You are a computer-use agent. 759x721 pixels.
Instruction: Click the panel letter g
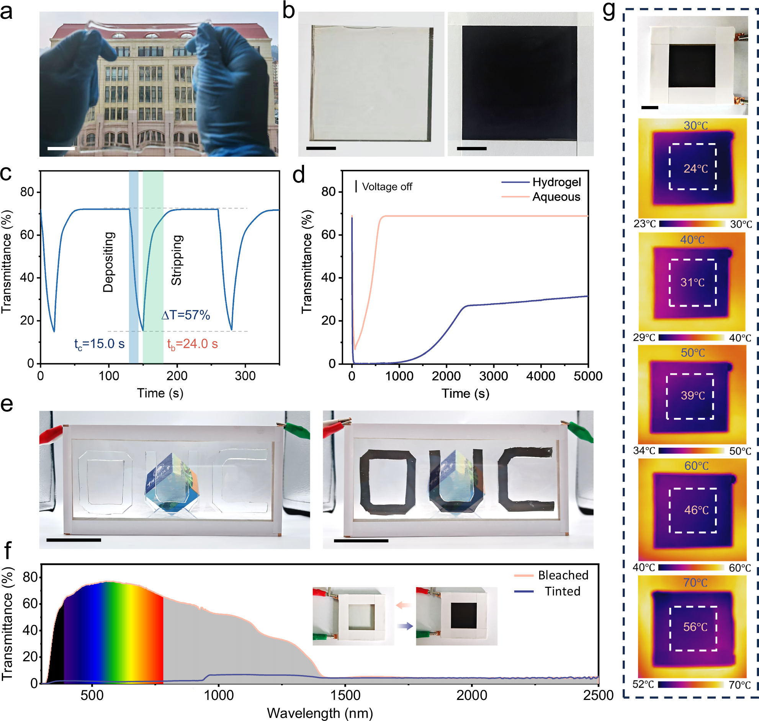[609, 11]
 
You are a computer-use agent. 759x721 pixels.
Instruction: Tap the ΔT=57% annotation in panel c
[186, 315]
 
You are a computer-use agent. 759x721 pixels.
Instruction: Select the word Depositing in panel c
[108, 262]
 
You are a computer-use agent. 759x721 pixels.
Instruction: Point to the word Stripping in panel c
[177, 260]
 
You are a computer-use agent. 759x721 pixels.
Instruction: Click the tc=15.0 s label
[99, 344]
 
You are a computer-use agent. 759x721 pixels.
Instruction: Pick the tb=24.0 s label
[192, 344]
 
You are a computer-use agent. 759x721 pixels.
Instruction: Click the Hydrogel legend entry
[556, 182]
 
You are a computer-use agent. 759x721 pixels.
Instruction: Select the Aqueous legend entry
[556, 197]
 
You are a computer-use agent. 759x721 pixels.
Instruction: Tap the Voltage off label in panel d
[387, 187]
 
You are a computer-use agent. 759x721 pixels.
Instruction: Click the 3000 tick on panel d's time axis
[493, 376]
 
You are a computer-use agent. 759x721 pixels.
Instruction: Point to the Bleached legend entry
[563, 575]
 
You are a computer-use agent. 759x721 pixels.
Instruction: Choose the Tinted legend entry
[562, 591]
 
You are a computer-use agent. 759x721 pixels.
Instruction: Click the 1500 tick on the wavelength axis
[345, 695]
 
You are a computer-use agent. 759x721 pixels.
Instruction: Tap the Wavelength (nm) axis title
[320, 713]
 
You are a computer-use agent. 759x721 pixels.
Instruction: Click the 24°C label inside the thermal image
[695, 169]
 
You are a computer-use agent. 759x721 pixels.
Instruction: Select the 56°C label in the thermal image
[695, 627]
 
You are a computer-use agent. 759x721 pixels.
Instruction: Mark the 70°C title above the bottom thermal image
[695, 582]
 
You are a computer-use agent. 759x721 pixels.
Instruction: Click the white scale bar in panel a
[61, 148]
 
